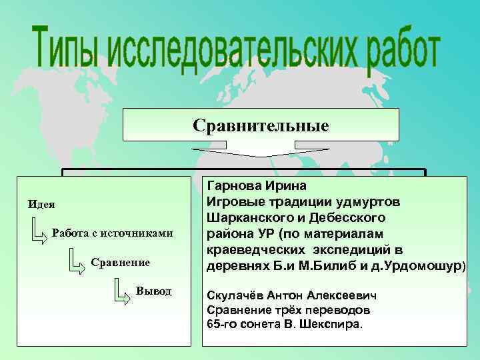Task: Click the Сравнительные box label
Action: (261, 125)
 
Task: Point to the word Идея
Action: (41, 203)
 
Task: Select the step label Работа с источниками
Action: (112, 233)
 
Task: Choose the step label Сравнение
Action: (121, 263)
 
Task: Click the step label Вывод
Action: (153, 291)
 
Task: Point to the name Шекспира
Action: (335, 325)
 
